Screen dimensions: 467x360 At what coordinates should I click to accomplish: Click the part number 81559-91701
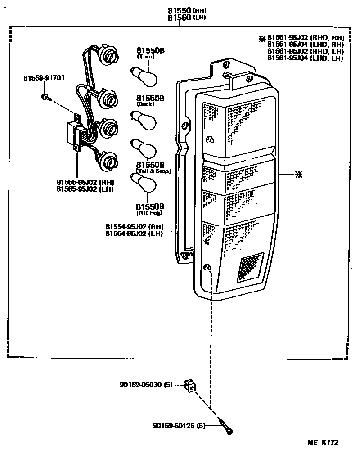[44, 78]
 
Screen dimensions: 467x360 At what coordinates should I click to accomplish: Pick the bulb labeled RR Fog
[144, 185]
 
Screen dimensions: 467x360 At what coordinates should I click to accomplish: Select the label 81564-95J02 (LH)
[135, 233]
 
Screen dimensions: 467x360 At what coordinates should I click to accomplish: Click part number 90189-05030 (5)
[146, 385]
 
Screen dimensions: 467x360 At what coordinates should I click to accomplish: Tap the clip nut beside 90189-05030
[191, 386]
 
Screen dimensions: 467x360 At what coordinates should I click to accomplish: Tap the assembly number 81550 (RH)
[183, 10]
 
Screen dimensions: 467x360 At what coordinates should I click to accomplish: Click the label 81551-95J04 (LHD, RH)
[306, 45]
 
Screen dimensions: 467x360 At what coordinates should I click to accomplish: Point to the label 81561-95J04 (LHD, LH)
[306, 58]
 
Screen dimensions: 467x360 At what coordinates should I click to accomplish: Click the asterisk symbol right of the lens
[298, 175]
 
